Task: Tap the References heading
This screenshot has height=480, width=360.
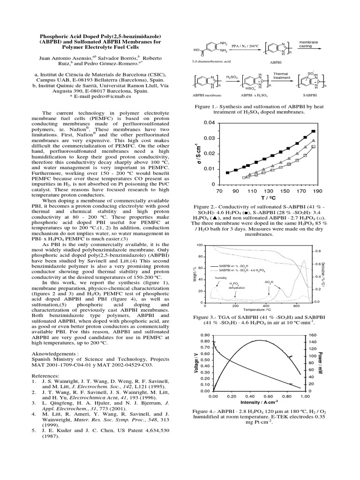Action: [45, 375]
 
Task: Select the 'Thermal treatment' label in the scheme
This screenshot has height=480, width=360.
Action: [281, 75]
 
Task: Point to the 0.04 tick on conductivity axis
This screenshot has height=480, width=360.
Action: [209, 123]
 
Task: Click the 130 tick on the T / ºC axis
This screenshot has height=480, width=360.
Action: [268, 191]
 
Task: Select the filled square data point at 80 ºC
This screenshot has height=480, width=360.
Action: [228, 172]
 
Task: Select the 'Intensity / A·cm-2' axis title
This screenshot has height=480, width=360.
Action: [258, 402]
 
